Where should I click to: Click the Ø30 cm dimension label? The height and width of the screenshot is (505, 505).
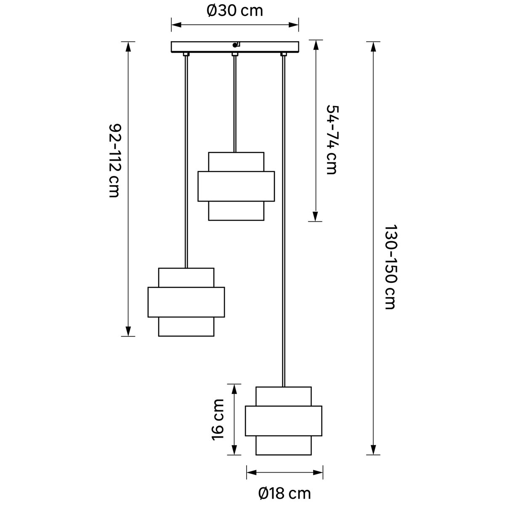tap(234, 11)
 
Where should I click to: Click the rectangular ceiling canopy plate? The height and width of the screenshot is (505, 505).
tap(235, 47)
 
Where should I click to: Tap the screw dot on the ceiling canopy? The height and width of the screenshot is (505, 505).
tap(234, 45)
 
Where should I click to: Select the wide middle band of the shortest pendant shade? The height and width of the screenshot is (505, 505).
tap(236, 186)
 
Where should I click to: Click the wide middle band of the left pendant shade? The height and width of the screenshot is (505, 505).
tap(186, 302)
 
